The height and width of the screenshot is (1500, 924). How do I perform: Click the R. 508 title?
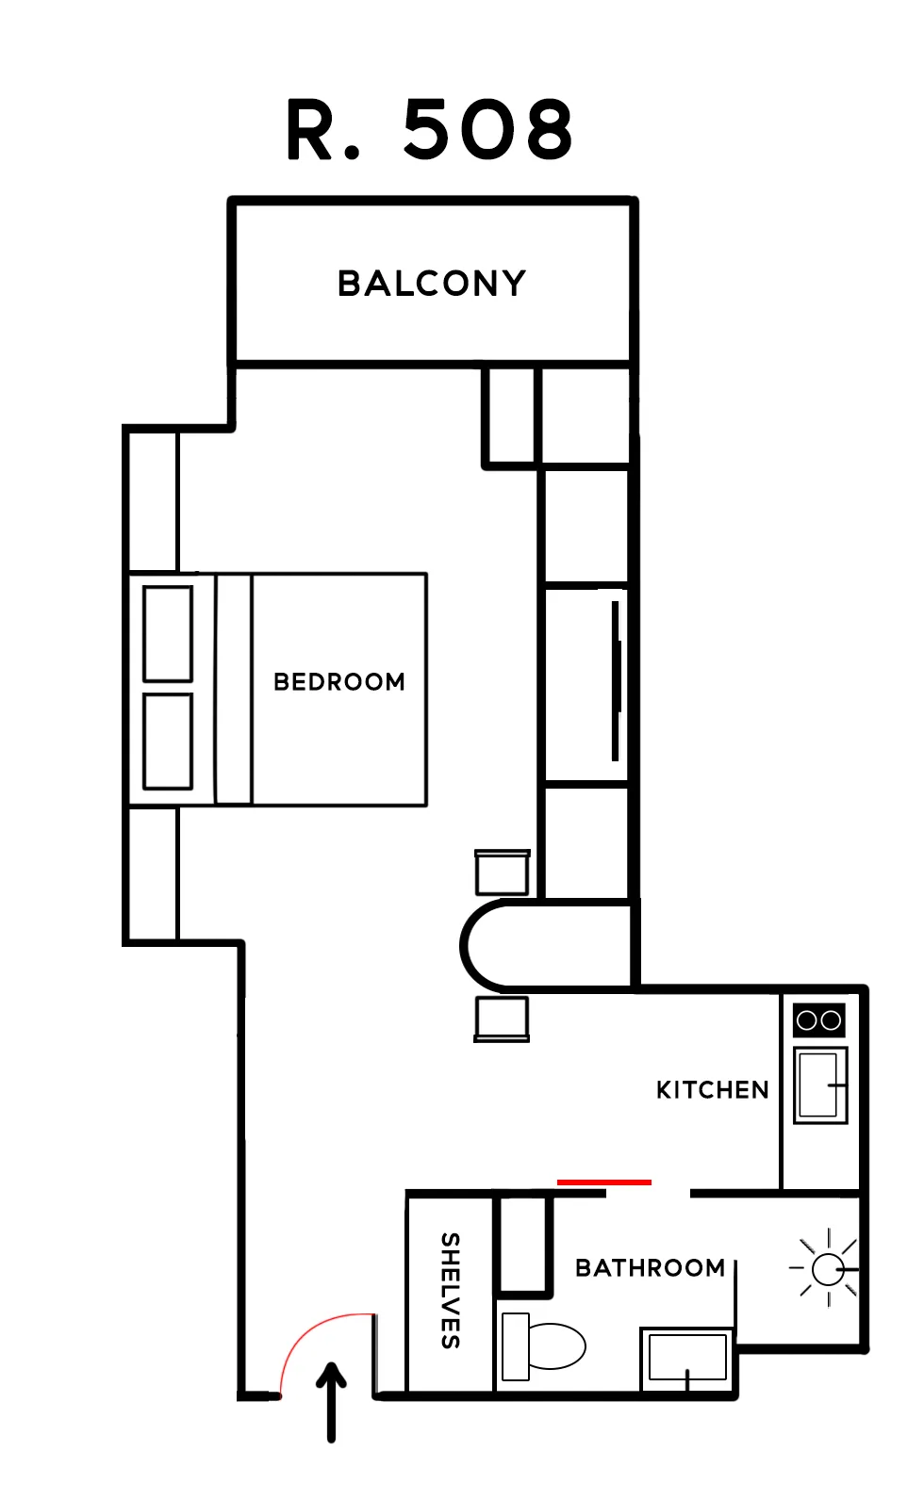point(430,129)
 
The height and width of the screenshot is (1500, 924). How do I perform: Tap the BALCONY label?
point(432,284)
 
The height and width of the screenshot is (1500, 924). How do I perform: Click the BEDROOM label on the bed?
point(339,682)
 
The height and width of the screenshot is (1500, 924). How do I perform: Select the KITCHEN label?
point(712,1090)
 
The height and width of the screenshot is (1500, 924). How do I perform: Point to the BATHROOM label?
point(650,1267)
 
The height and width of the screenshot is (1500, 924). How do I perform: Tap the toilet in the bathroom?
point(543,1346)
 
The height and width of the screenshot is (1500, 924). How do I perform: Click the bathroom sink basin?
point(687,1359)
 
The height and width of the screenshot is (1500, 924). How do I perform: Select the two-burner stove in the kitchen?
point(818,1020)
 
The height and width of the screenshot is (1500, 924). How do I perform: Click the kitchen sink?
point(820,1085)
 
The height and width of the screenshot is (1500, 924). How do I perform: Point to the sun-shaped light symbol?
point(828,1268)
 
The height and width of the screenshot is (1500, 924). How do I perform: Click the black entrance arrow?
point(331,1401)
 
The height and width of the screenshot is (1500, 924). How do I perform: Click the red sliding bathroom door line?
point(603,1182)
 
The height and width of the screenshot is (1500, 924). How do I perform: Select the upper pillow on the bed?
point(168,633)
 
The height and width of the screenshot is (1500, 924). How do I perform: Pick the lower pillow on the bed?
point(168,742)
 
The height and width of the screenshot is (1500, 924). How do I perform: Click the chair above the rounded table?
point(503,872)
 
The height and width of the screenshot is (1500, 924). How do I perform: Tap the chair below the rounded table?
point(502,1019)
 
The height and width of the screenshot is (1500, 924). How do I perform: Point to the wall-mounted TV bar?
point(616,681)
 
